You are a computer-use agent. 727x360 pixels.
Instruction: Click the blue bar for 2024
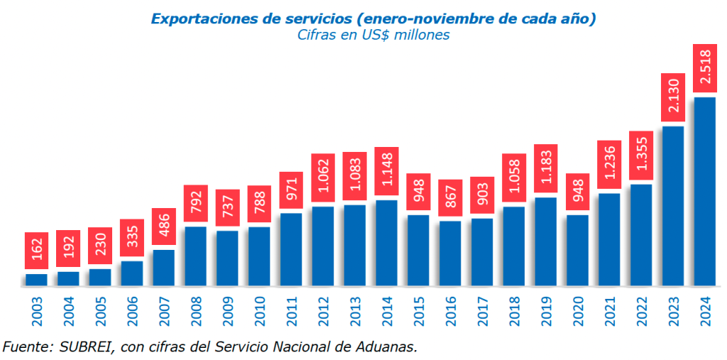coord(704,192)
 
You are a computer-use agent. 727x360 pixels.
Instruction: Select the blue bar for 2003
coord(36,280)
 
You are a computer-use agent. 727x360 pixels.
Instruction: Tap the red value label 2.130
coord(672,97)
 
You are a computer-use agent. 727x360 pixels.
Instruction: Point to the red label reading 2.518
coord(704,68)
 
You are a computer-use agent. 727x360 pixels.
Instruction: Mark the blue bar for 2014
coord(386,244)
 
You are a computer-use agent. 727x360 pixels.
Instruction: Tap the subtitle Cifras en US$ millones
coord(373,35)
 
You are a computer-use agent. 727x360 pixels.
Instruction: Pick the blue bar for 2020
coord(577,251)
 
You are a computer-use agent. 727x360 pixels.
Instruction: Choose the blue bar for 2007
coord(163,268)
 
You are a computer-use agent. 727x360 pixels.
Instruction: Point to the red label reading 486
coord(163,227)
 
